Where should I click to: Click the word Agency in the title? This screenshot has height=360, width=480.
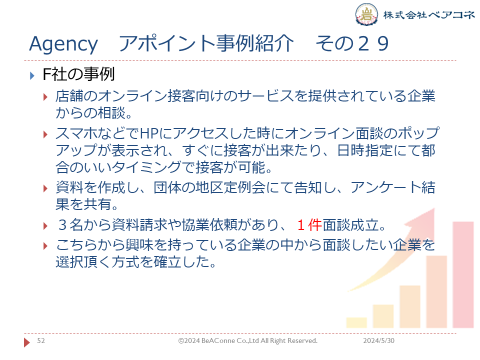coord(63,44)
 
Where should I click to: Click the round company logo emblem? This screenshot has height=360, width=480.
coord(366,14)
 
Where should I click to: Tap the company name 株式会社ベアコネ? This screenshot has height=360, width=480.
coord(429,14)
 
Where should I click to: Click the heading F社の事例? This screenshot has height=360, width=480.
coord(78,74)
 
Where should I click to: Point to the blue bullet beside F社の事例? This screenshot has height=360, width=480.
coord(32,75)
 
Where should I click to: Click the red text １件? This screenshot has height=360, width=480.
coord(309,225)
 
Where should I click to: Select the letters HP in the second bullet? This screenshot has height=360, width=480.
coord(149,133)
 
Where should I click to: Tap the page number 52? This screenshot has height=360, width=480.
coord(41,340)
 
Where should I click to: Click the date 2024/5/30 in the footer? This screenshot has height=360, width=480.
coord(378,340)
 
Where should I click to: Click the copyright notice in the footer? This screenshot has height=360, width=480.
coord(248,340)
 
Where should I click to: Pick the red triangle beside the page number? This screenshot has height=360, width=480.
coord(27,342)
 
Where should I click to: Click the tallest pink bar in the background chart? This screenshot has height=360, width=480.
coord(463,275)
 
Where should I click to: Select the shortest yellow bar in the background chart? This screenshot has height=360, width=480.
coord(356,322)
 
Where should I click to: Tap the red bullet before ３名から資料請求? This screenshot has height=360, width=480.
coord(45,226)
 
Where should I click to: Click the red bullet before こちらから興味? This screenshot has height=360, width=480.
coord(45,246)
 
